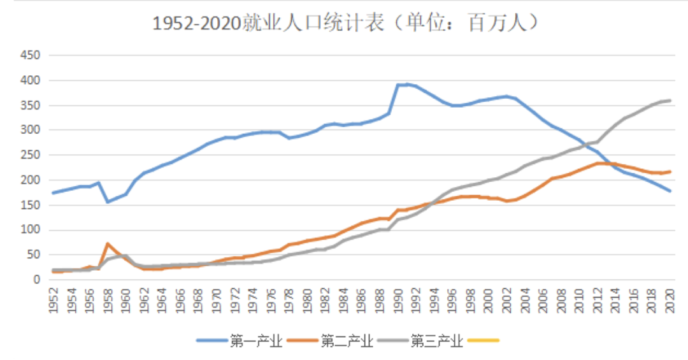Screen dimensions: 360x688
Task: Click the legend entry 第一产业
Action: [x=255, y=341]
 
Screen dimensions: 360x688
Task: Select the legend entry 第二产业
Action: [x=347, y=341]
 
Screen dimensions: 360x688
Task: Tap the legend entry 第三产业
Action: [x=436, y=341]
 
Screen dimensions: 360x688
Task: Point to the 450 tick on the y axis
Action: [x=31, y=55]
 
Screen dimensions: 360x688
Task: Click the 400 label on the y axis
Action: [x=31, y=80]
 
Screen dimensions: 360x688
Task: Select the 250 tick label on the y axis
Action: [x=31, y=155]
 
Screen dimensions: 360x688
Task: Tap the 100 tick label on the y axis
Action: [x=31, y=230]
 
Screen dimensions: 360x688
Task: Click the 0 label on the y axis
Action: [x=37, y=280]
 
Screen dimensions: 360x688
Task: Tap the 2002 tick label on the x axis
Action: [x=507, y=300]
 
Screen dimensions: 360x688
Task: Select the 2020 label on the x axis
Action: [x=670, y=300]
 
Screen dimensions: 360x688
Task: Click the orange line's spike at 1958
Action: [x=108, y=243]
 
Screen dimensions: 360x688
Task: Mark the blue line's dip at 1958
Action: [x=108, y=202]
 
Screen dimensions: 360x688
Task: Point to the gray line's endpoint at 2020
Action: [x=670, y=101]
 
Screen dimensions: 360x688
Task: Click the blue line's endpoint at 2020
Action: [x=670, y=191]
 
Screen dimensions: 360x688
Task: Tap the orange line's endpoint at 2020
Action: [x=670, y=171]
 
